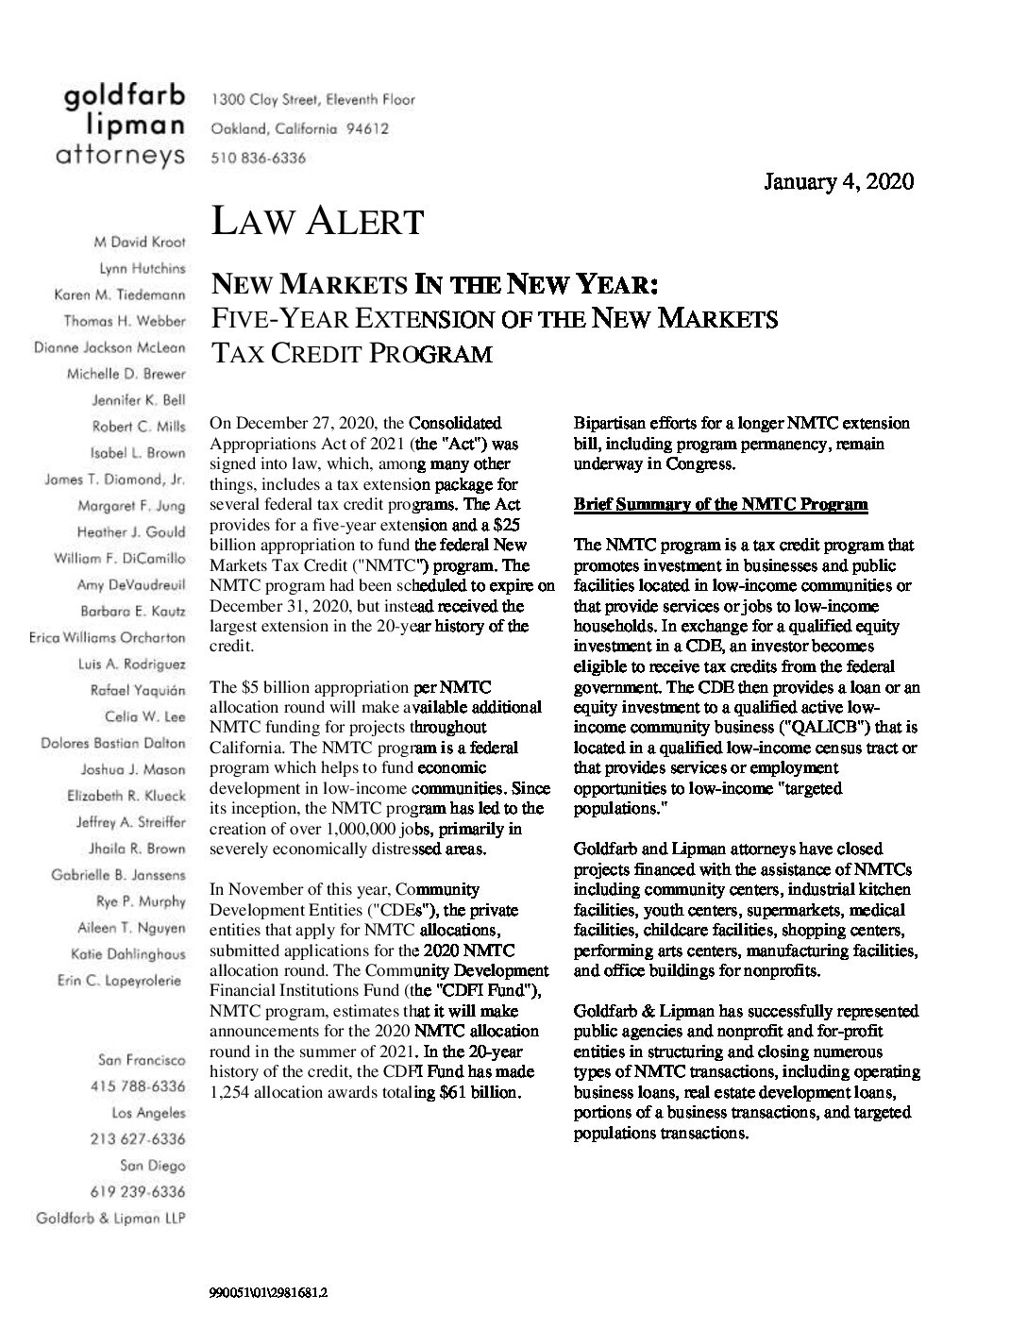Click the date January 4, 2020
pyautogui.click(x=838, y=181)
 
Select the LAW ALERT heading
pyautogui.click(x=317, y=222)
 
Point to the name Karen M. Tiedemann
pyautogui.click(x=120, y=295)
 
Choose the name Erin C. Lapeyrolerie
pyautogui.click(x=119, y=981)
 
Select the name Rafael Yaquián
pyautogui.click(x=138, y=690)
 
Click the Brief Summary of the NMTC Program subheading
pyautogui.click(x=720, y=504)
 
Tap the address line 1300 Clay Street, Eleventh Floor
pyautogui.click(x=312, y=99)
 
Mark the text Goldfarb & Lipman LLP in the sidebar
pyautogui.click(x=109, y=1219)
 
